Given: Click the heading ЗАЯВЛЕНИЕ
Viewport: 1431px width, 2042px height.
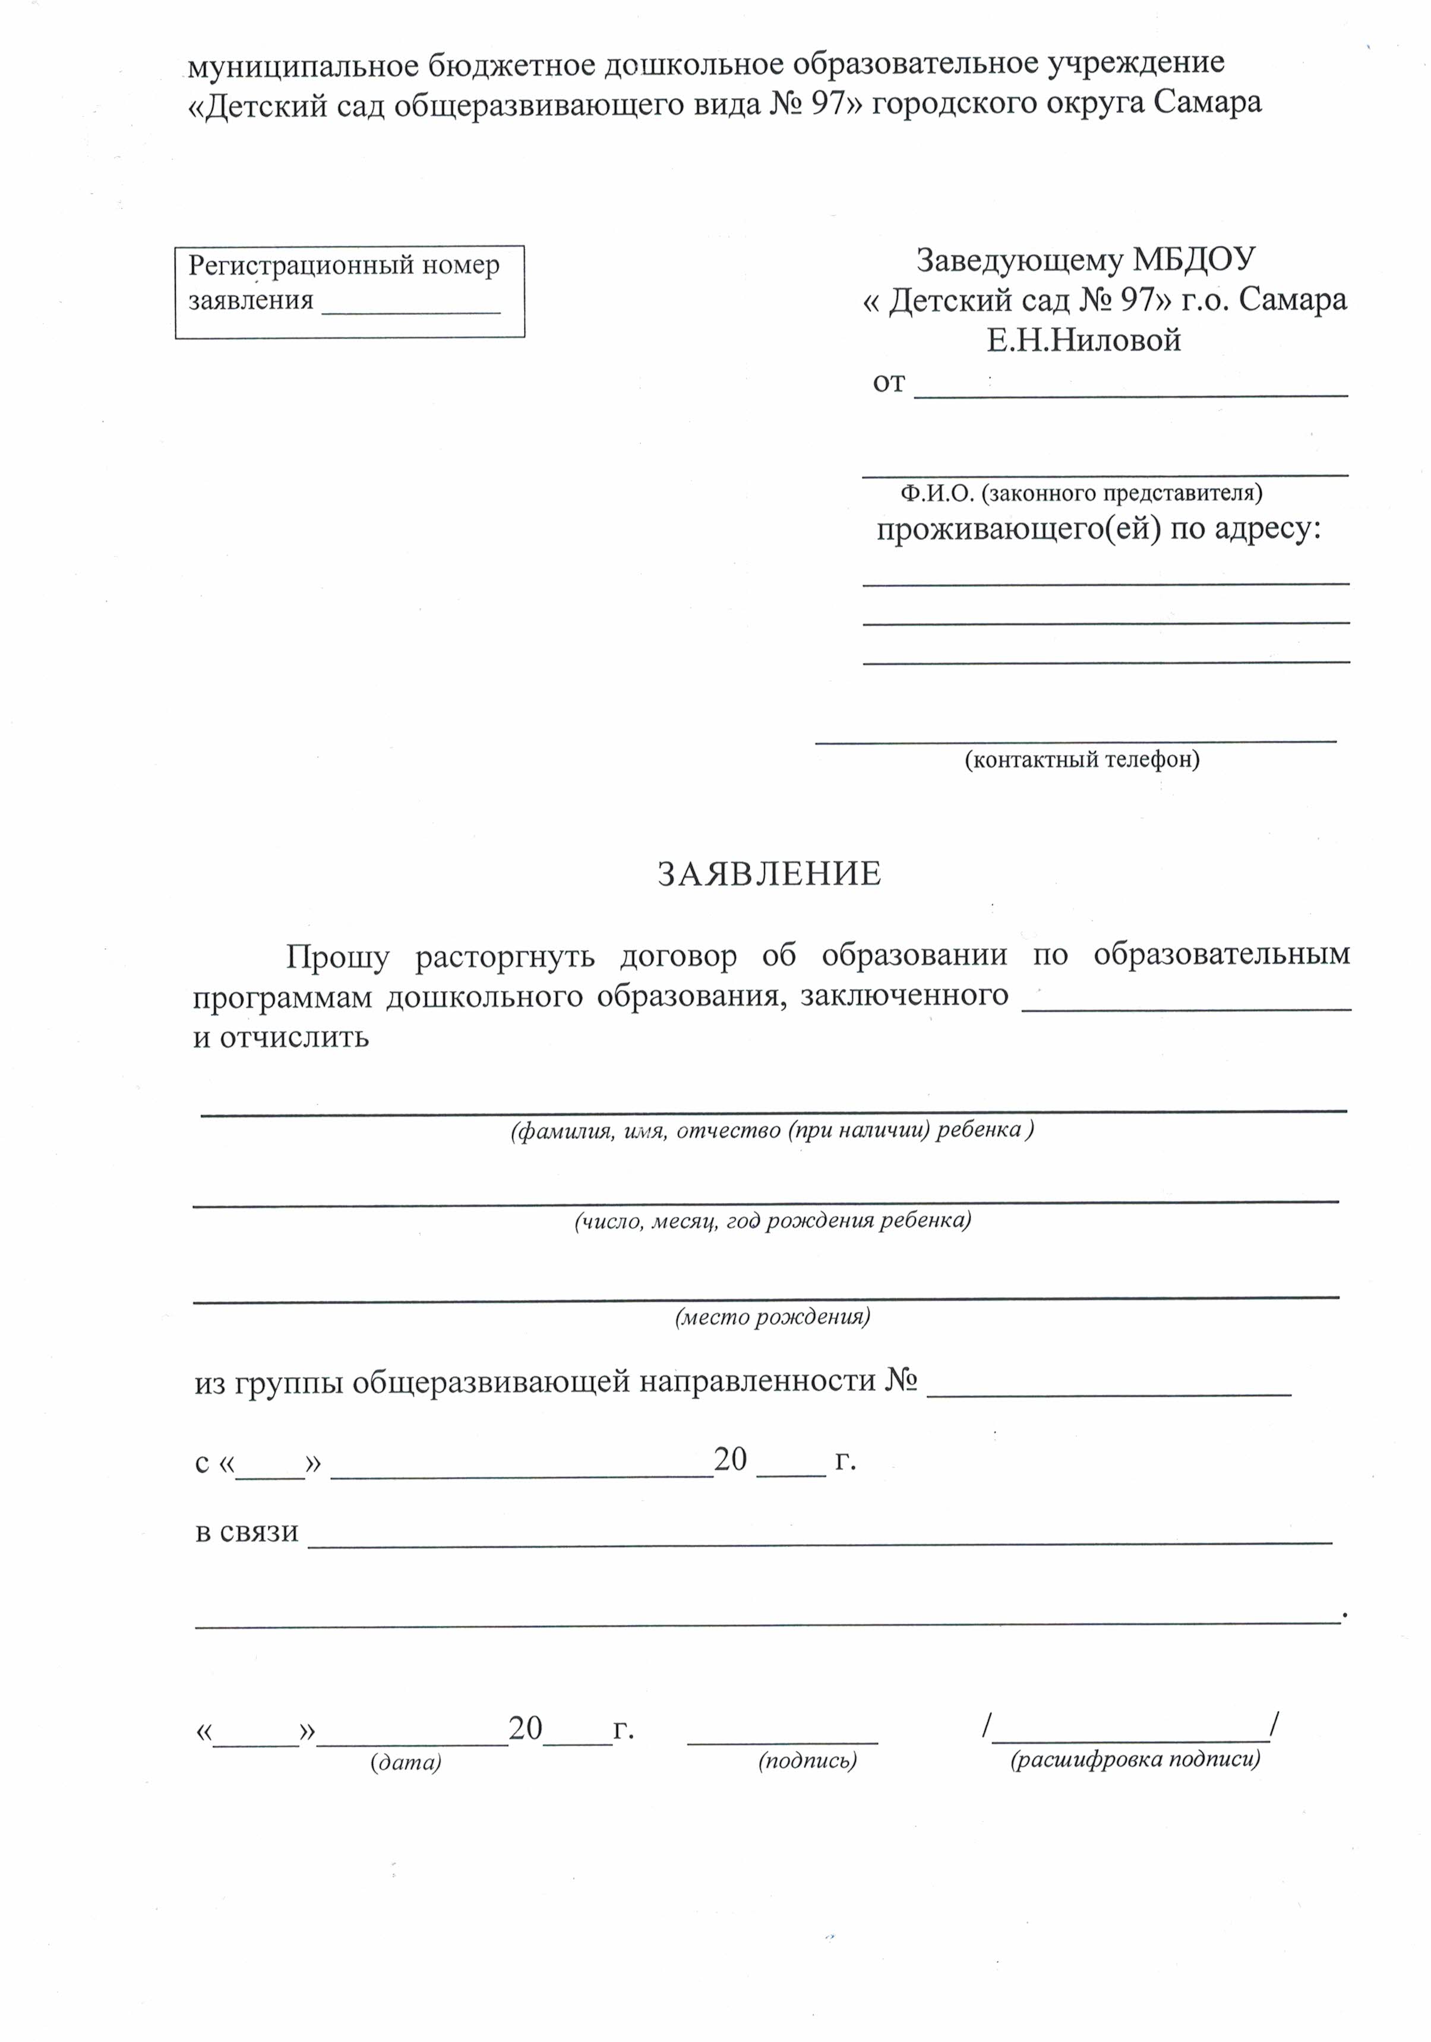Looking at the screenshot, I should pos(769,875).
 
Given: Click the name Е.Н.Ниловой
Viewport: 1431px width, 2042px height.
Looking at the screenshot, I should pos(1083,340).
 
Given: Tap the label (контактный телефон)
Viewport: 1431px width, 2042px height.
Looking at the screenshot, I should pos(1082,759).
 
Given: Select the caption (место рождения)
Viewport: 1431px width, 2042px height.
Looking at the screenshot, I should pos(772,1317).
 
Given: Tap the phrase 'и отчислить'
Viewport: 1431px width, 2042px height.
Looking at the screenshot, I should pos(281,1037).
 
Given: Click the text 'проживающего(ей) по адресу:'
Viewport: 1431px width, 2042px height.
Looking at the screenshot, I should pos(1098,529).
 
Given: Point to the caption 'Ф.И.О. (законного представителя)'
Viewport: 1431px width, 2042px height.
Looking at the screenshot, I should pos(1082,493).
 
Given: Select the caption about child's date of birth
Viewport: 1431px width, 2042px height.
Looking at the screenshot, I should pos(772,1221).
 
